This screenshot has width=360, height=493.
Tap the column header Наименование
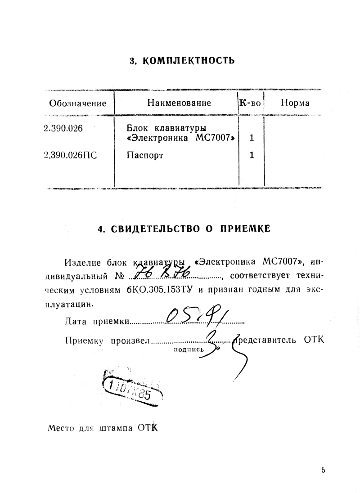click(179, 103)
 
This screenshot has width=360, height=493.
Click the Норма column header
click(295, 103)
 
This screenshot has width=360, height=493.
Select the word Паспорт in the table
click(145, 156)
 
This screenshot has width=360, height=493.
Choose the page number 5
click(323, 470)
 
